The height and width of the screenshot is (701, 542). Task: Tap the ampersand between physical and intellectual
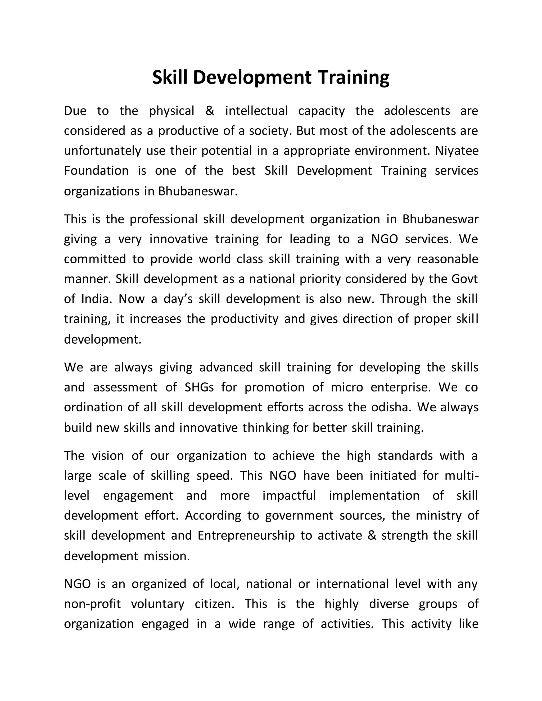click(210, 111)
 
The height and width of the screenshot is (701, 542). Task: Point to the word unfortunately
click(102, 151)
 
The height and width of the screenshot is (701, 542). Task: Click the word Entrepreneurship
click(246, 535)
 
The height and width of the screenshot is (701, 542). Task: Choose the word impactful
click(289, 495)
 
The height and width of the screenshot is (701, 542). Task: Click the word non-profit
click(92, 604)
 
